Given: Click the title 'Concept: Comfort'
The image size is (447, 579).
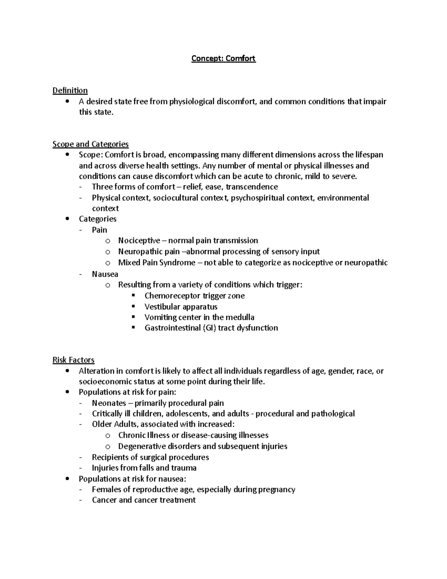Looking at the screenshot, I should click(223, 59).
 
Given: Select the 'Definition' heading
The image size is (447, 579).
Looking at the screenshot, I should click(70, 91).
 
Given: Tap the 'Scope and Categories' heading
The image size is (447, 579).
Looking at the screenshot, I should click(91, 144).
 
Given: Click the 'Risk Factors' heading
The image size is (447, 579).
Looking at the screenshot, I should click(73, 360).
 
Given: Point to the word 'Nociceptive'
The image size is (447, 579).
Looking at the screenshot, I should click(139, 241).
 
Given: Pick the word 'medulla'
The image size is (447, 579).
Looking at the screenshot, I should click(241, 318).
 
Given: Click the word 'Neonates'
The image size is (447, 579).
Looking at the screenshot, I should click(109, 403).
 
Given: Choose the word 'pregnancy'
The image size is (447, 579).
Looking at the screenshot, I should click(277, 490).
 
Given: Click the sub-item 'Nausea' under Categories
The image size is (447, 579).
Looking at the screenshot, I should click(105, 274).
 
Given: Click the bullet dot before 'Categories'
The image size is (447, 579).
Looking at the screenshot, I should click(67, 219).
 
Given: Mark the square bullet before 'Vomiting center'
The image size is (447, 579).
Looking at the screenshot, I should click(134, 317).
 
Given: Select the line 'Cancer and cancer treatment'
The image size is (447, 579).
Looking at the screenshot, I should click(143, 500).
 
